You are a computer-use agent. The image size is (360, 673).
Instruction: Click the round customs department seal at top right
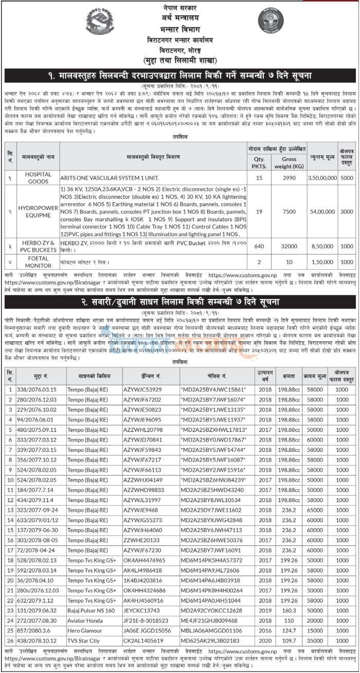coord(270,23)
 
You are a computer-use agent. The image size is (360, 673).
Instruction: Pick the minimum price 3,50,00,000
coord(322,178)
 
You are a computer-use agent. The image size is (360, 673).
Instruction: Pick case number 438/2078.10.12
coord(37,641)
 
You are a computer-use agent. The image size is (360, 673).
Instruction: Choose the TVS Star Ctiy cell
coord(84,641)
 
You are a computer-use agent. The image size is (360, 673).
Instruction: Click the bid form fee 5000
coord(347,178)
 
